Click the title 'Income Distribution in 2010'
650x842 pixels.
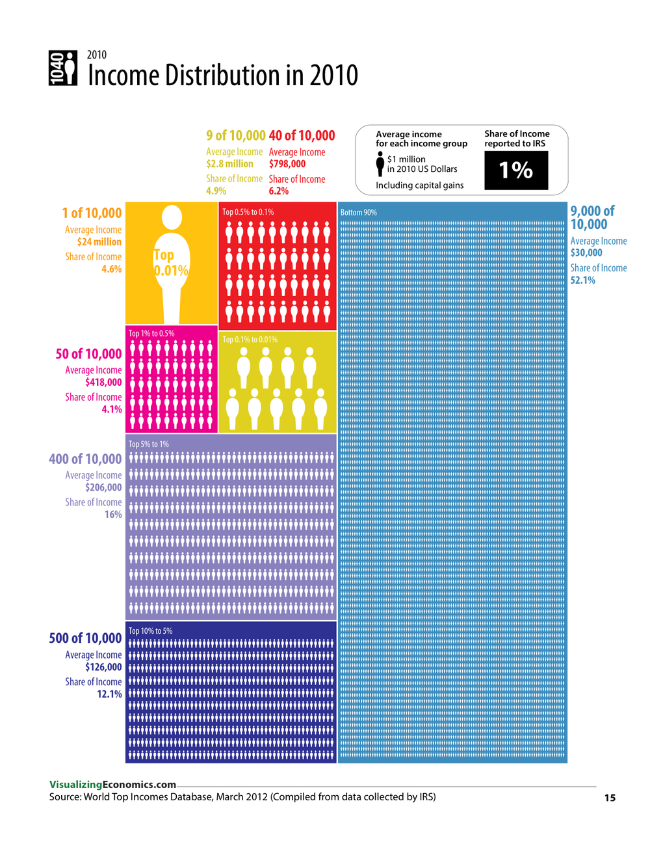click(x=222, y=75)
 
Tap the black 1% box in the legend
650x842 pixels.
click(x=516, y=170)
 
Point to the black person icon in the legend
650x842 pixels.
click(x=380, y=164)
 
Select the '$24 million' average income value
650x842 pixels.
click(x=99, y=242)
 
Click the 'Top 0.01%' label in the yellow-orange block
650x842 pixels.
click(x=170, y=263)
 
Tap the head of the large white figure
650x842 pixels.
click(x=172, y=217)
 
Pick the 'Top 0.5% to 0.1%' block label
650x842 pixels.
click(x=248, y=212)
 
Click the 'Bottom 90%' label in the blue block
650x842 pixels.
click(x=358, y=213)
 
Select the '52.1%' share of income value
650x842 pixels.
click(x=583, y=280)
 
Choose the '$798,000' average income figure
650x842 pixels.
click(x=287, y=164)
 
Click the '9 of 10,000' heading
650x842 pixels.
click(x=235, y=136)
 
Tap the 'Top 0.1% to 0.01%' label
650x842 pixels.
click(x=250, y=340)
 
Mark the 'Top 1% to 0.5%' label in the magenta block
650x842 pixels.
click(x=151, y=333)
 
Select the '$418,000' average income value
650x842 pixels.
click(x=103, y=383)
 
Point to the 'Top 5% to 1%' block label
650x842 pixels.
click(x=148, y=444)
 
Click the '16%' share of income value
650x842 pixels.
click(x=113, y=515)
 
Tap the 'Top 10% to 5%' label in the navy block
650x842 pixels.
click(x=150, y=631)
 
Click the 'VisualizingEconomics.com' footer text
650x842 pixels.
click(x=112, y=785)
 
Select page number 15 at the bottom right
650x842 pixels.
click(x=610, y=798)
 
